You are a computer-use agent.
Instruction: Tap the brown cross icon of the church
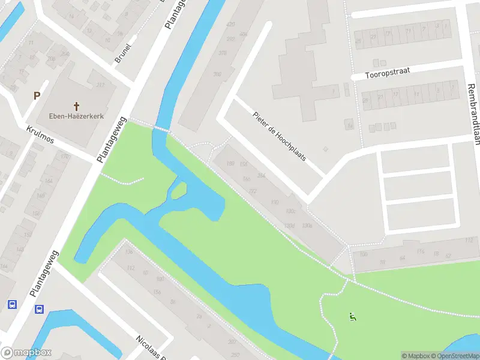[x=76, y=105]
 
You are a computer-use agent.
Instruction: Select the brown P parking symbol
[x=37, y=95]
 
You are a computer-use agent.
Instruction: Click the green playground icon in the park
[x=352, y=317]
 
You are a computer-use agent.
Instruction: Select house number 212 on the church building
[x=100, y=85]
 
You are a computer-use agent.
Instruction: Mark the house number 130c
[x=292, y=211]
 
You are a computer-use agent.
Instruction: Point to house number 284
[x=261, y=175]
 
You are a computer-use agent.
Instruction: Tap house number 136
[x=128, y=251]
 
